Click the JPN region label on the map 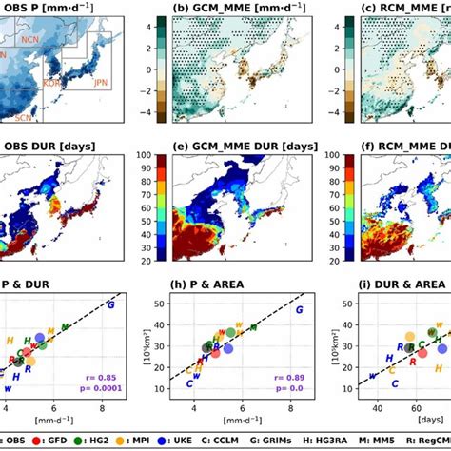[100, 83]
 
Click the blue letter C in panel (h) [189, 382]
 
